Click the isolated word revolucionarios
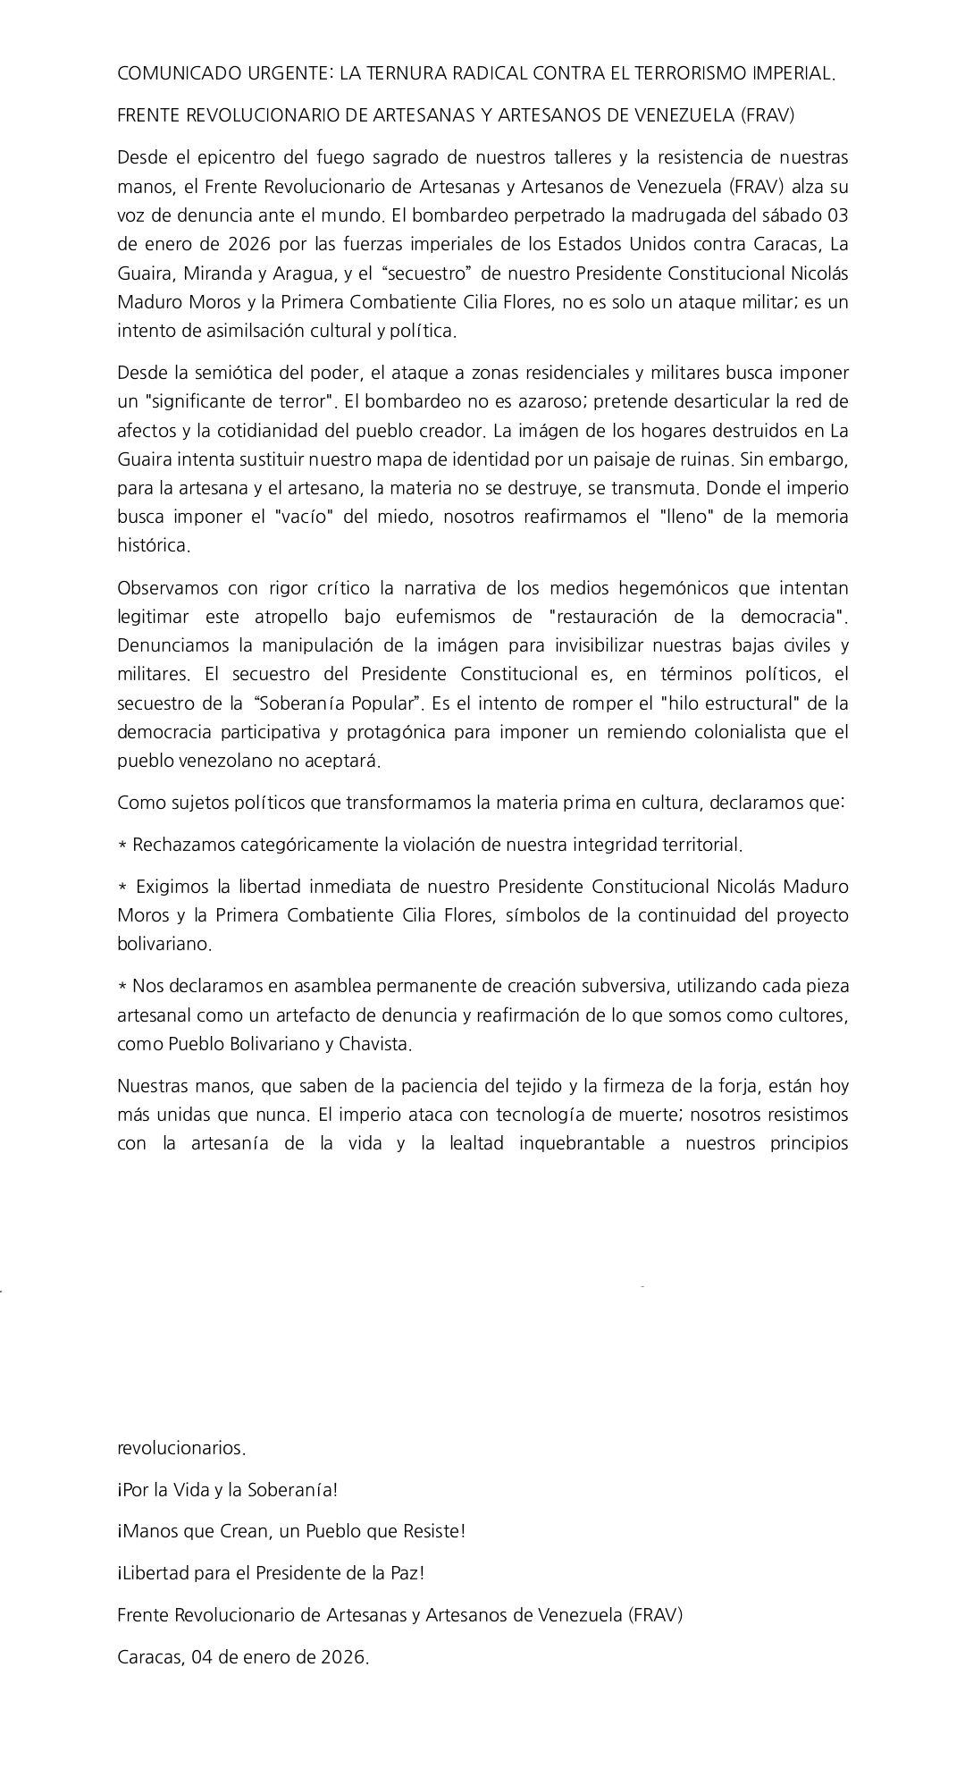(181, 1447)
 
